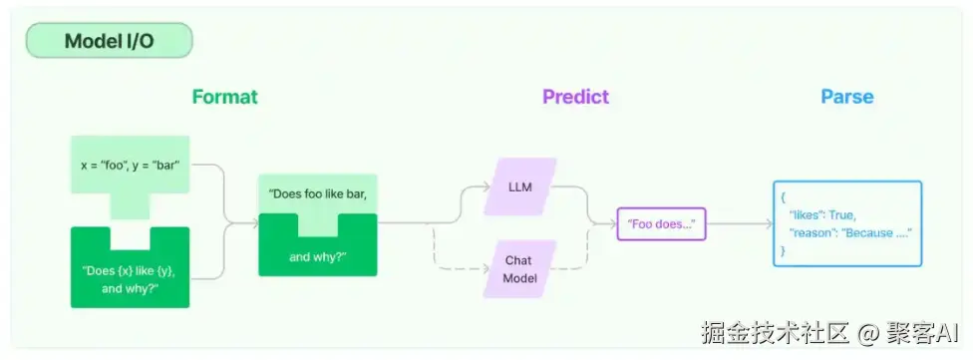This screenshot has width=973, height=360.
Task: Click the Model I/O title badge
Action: (x=110, y=41)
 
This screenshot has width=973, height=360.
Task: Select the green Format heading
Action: (x=224, y=97)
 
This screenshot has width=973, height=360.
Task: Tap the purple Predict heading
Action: (x=576, y=97)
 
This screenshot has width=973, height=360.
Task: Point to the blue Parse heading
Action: (x=847, y=97)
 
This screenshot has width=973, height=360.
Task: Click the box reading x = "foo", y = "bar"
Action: (x=131, y=166)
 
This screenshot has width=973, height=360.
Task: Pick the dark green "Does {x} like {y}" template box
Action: (x=131, y=278)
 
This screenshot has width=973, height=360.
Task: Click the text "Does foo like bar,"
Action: (x=318, y=193)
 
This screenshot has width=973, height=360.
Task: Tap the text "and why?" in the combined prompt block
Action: (x=318, y=257)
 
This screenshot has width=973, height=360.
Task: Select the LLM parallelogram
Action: (x=520, y=186)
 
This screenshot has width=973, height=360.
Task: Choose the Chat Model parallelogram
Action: (x=520, y=269)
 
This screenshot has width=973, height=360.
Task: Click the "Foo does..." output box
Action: (x=662, y=224)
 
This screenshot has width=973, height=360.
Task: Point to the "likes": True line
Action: (x=822, y=215)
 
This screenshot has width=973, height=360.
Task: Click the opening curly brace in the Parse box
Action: (x=784, y=197)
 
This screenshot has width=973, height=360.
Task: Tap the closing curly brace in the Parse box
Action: (x=784, y=250)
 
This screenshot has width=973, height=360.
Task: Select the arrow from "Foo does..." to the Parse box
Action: (x=740, y=224)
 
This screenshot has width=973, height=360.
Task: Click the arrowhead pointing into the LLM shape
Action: (x=486, y=186)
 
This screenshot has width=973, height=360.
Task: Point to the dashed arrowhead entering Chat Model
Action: (x=486, y=269)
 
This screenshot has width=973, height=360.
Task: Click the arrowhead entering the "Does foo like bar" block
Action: (x=254, y=223)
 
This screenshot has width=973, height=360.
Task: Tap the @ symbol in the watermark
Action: (x=867, y=333)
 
